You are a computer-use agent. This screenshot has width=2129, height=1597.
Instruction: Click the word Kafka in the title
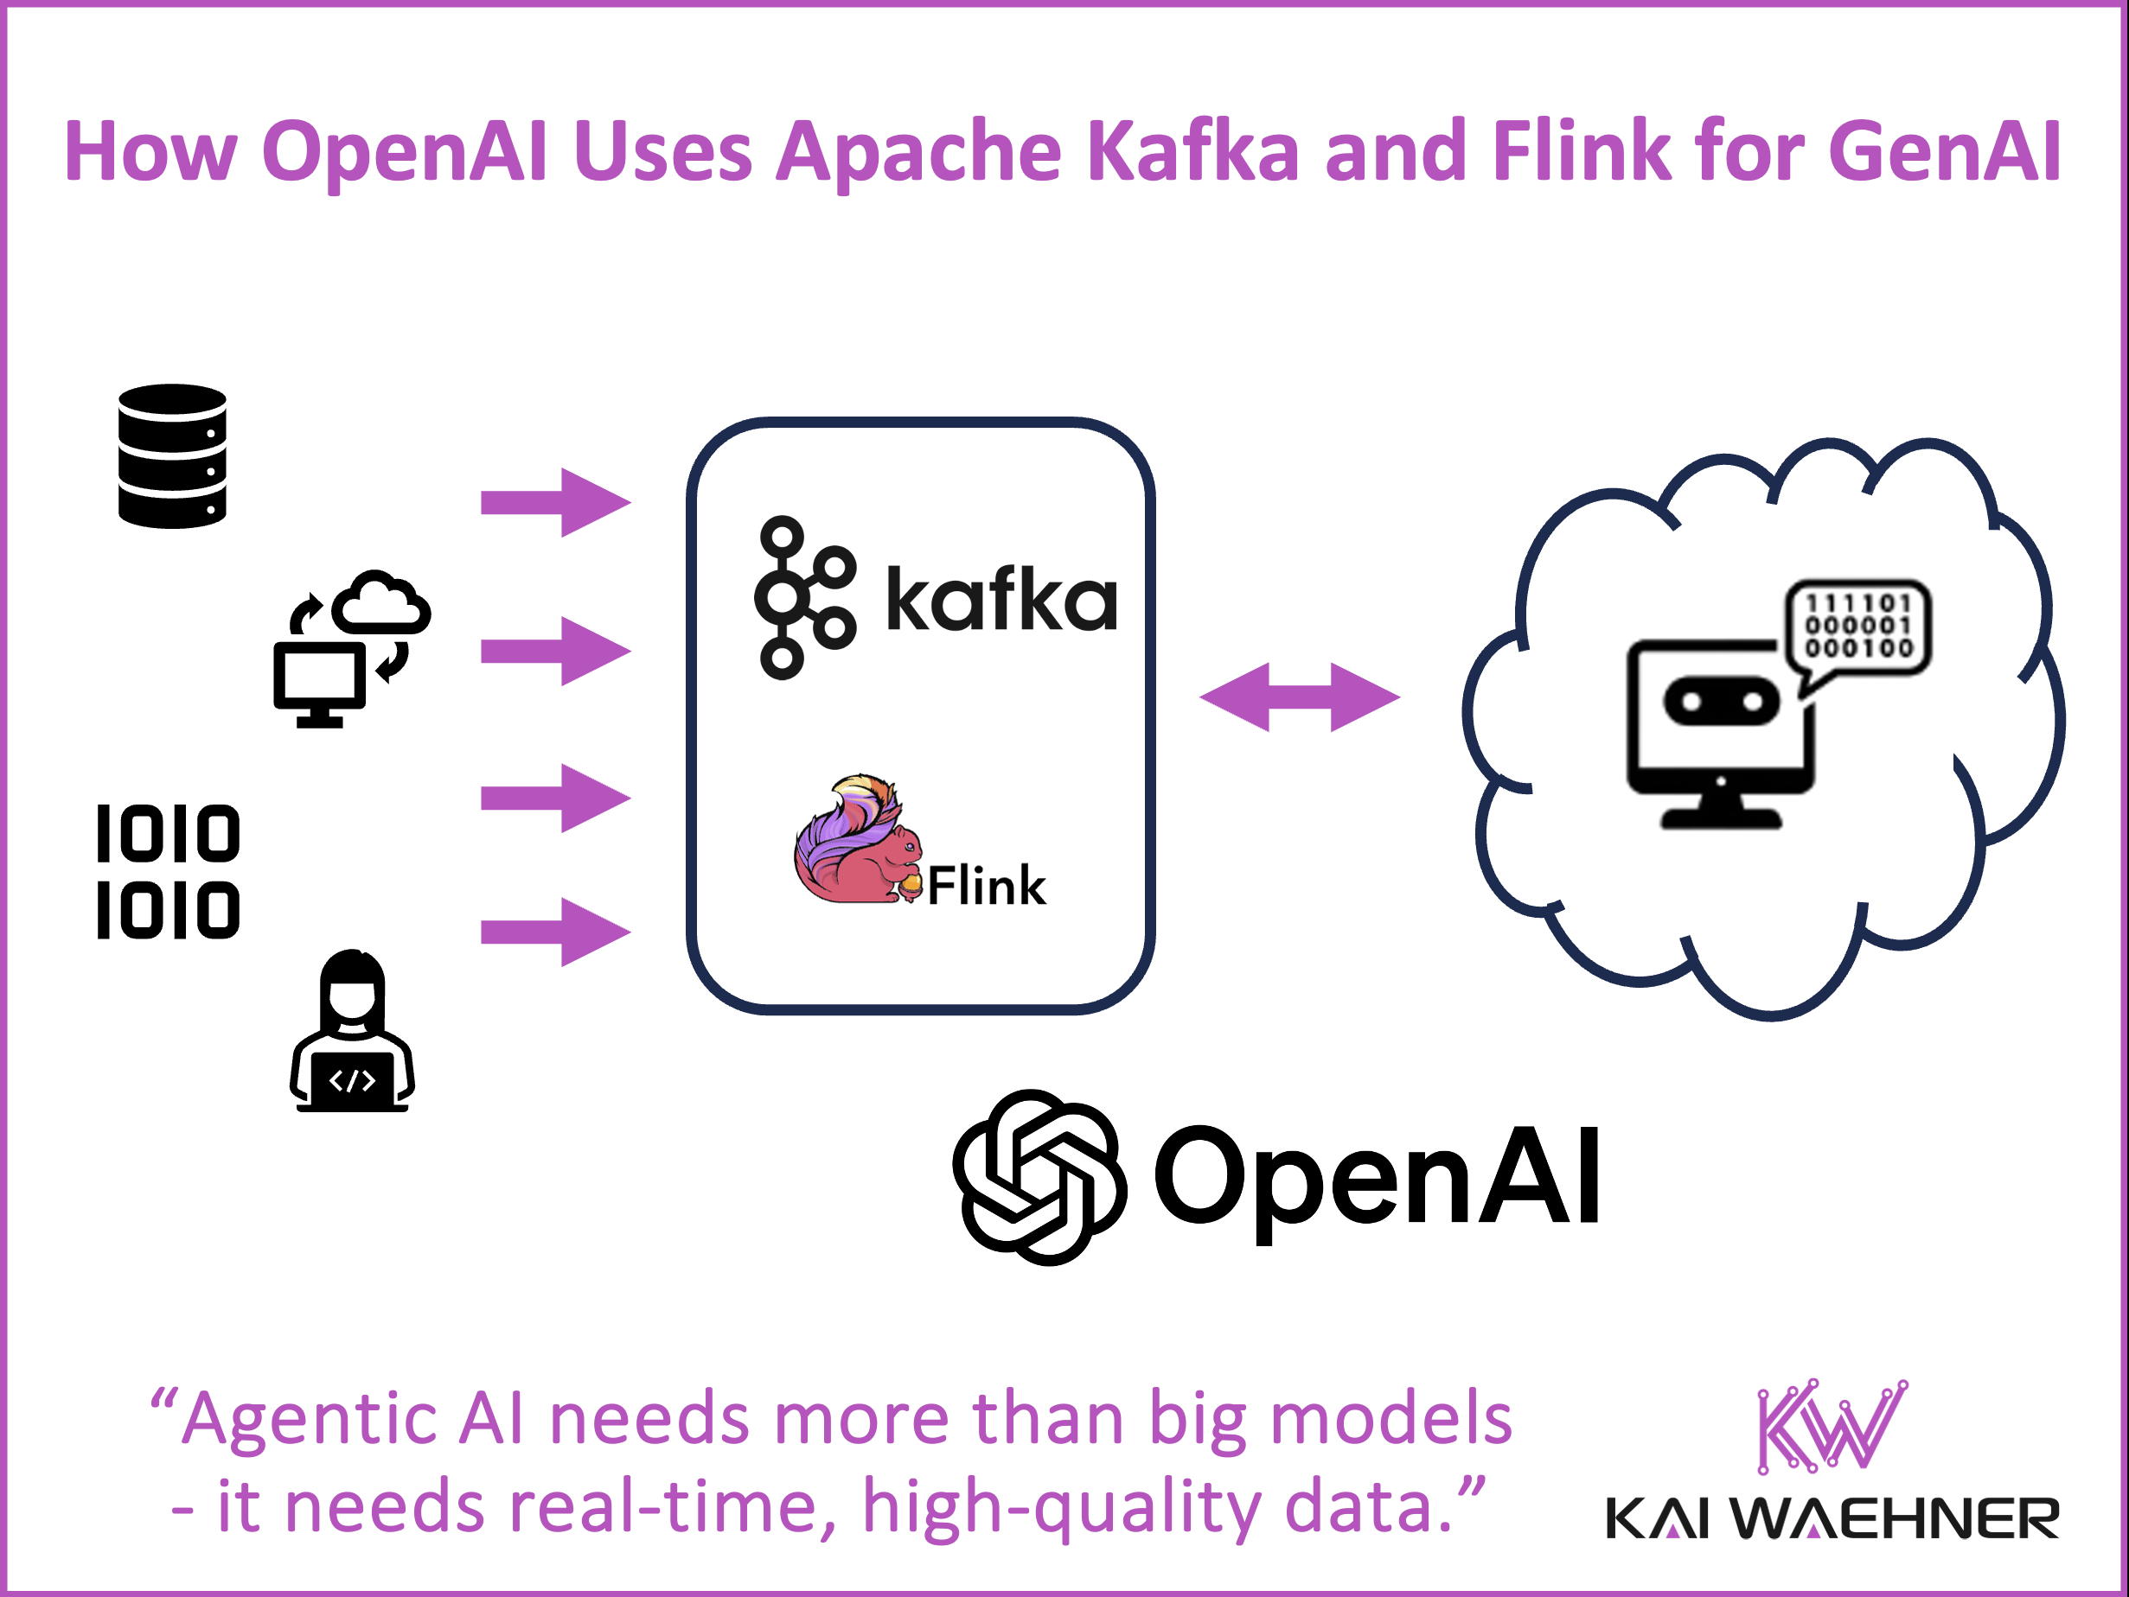click(x=1193, y=151)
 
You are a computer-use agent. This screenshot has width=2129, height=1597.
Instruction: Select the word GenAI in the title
click(x=1944, y=151)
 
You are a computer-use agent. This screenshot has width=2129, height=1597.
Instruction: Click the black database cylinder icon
click(x=172, y=456)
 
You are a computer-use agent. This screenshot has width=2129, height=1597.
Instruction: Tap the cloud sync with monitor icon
click(x=350, y=648)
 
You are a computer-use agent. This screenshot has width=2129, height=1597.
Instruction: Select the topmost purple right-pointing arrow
click(x=555, y=502)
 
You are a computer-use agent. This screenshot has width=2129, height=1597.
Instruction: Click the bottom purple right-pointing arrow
click(x=555, y=932)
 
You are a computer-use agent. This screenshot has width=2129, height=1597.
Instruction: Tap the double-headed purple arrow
click(x=1300, y=697)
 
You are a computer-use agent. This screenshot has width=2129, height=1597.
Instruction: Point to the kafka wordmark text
click(x=1001, y=601)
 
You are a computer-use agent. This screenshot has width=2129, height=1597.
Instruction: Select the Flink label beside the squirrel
click(x=987, y=886)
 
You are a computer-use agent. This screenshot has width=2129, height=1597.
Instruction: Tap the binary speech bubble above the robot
click(x=1857, y=627)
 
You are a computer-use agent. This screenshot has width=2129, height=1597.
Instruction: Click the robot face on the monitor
click(x=1721, y=703)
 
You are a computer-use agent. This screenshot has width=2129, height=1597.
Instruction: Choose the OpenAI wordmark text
click(x=1378, y=1178)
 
